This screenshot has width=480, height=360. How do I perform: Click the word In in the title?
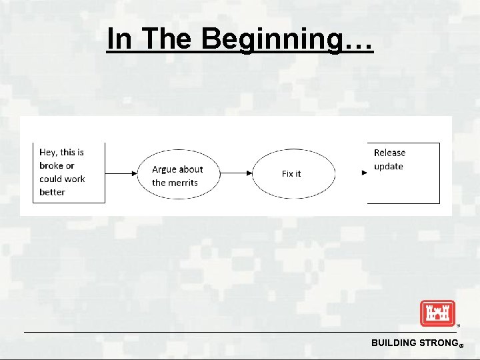(x=119, y=39)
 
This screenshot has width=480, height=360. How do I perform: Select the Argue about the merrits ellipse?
(x=178, y=174)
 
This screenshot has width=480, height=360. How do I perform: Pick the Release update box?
(x=404, y=173)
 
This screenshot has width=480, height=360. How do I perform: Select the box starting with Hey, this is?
(x=69, y=172)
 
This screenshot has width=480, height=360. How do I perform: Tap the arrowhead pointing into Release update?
(x=364, y=173)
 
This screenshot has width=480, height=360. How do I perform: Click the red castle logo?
(x=437, y=313)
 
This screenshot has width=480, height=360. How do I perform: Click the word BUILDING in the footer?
(x=394, y=343)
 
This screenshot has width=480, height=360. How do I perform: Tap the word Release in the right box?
(x=389, y=153)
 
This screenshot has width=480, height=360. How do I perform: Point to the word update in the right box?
(x=389, y=166)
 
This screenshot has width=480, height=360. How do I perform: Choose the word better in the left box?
(x=53, y=192)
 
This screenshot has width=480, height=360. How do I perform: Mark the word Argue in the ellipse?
(x=164, y=169)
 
